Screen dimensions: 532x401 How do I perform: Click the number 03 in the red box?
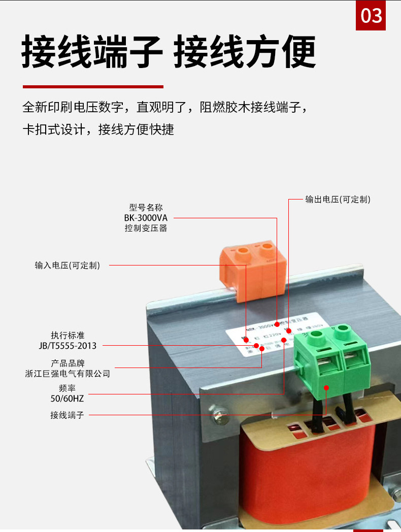371,16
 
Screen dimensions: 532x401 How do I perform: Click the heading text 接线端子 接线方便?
169,52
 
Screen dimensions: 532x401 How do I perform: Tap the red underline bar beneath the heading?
93,87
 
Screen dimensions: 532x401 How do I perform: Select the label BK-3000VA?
146,218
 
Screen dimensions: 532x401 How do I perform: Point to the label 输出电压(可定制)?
338,199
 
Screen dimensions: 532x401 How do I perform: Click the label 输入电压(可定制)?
68,265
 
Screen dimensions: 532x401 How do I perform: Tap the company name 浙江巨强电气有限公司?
68,374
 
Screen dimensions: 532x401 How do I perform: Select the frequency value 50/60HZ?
64,398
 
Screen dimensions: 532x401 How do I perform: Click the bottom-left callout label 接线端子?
67,415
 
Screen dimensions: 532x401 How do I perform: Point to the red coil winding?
310,472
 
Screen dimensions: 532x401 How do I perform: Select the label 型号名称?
146,208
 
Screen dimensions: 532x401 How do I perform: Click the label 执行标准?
67,336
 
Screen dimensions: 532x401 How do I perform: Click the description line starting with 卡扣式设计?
98,129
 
